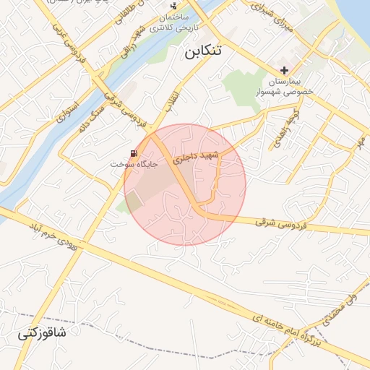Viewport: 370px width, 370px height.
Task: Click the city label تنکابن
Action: click(205, 52)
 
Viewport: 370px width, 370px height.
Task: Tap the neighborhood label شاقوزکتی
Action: click(42, 334)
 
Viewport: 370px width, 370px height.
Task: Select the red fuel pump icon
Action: click(134, 152)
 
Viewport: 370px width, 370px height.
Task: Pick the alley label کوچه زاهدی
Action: click(278, 128)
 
